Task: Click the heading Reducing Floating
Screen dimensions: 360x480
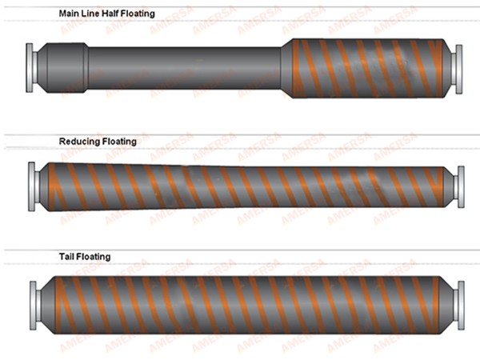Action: point(98,142)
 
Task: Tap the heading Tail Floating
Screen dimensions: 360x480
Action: point(85,257)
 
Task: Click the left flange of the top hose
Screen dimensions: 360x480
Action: point(30,62)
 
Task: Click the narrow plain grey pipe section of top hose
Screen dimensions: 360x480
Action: point(184,67)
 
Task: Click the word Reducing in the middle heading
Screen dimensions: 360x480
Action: point(79,142)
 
